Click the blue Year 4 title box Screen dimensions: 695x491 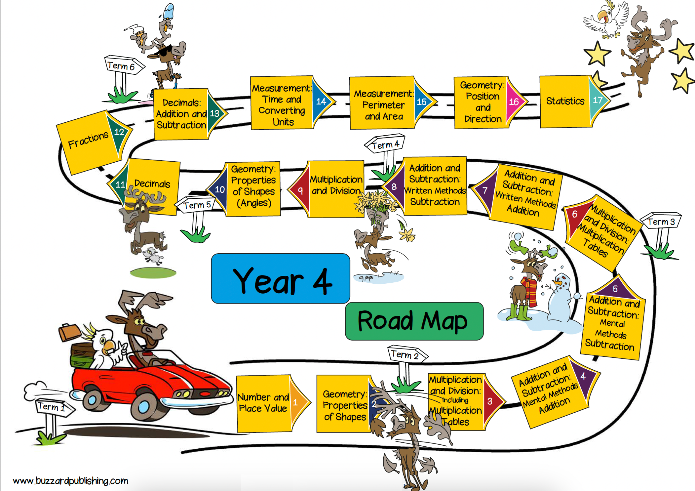tap(280, 279)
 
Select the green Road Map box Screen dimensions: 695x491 tap(414, 321)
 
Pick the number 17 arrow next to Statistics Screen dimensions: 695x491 tap(598, 100)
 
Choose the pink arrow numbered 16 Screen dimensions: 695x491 tap(514, 101)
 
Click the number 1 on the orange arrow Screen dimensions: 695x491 tap(295, 402)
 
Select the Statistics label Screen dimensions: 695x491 tap(565, 101)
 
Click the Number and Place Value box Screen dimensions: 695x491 tap(263, 403)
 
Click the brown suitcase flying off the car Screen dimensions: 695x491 tap(69, 332)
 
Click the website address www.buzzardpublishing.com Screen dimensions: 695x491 tap(71, 481)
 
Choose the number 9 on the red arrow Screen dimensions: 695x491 tap(300, 190)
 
